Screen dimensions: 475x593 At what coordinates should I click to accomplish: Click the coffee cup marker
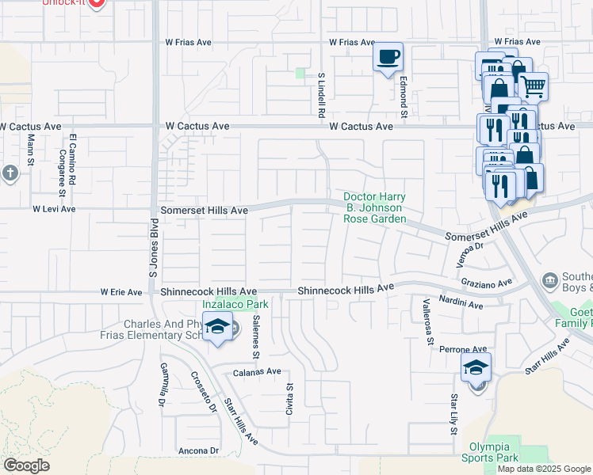(x=388, y=57)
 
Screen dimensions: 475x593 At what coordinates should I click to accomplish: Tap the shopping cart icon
(x=534, y=85)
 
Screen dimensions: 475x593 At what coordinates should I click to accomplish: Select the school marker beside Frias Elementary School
(x=216, y=327)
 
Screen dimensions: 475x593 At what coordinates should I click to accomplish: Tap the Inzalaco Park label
(x=235, y=304)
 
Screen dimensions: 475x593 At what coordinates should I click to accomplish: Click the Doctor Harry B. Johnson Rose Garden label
(x=374, y=207)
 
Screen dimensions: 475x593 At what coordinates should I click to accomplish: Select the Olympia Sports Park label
(x=490, y=452)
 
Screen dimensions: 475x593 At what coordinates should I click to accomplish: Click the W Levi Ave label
(x=54, y=209)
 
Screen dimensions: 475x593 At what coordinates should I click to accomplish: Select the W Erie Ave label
(x=121, y=292)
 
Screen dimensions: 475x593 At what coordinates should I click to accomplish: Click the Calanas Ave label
(x=257, y=371)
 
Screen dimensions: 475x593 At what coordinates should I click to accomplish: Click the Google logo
(x=26, y=465)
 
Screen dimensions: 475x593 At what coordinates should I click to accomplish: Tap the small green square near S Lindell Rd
(x=300, y=74)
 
